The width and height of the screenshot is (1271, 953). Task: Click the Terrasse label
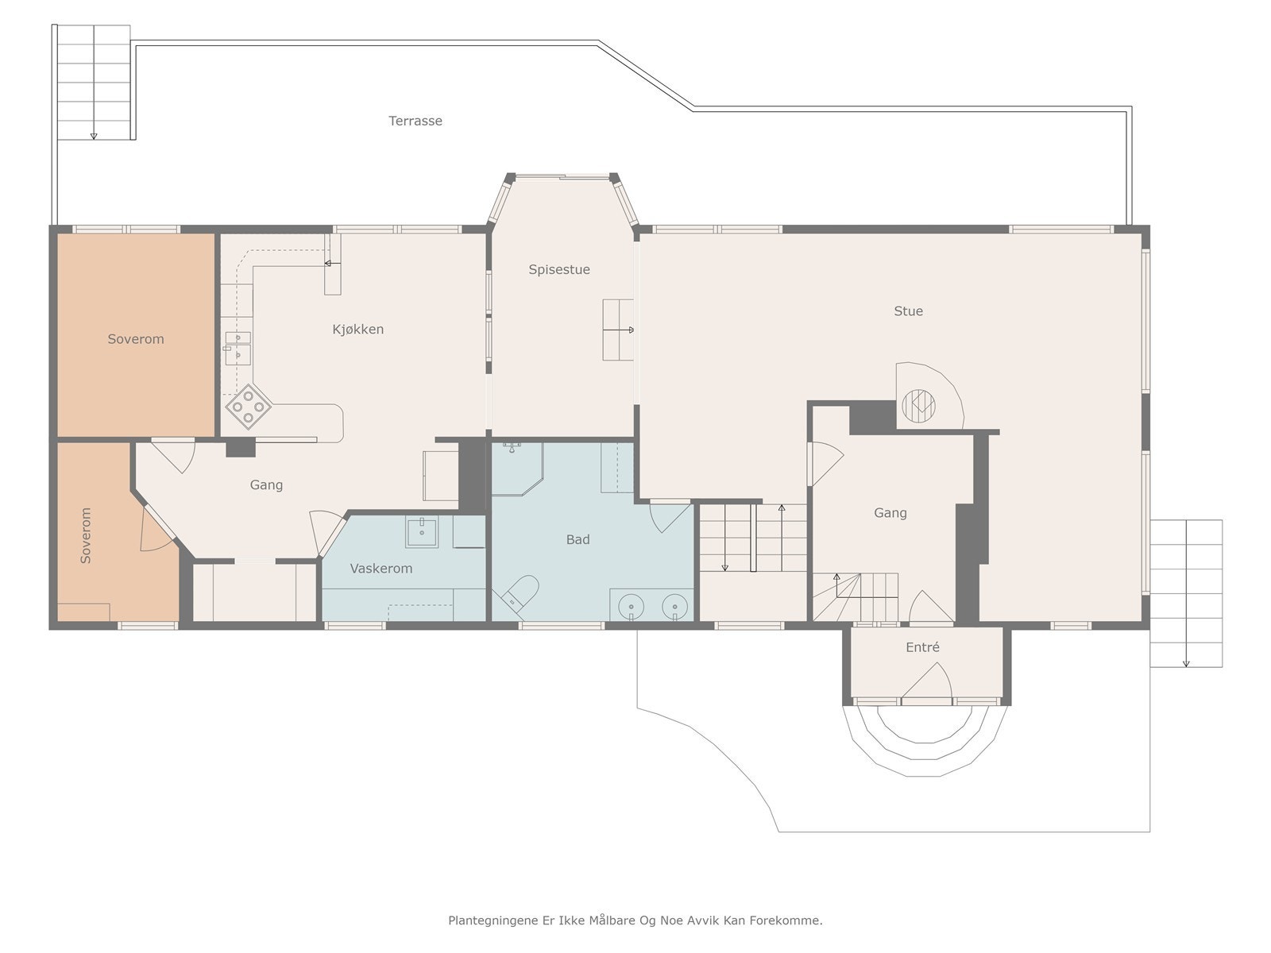[x=415, y=121]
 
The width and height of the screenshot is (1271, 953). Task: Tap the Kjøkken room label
[x=357, y=330]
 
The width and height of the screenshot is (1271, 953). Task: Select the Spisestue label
[x=558, y=270]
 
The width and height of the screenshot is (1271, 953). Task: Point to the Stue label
[x=908, y=311]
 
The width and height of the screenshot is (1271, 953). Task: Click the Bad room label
[x=578, y=540]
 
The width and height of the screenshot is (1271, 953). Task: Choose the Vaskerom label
[x=381, y=569]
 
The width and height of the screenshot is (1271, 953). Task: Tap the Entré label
[x=922, y=647]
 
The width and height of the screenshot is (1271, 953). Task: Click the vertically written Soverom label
[x=86, y=535]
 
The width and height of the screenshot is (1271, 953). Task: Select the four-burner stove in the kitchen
[x=249, y=407]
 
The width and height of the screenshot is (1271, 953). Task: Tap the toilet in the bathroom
[x=520, y=592]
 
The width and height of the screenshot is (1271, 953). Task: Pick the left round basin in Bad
[x=632, y=607]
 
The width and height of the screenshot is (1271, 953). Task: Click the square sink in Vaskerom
[x=422, y=531]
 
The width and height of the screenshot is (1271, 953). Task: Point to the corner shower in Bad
[x=517, y=469]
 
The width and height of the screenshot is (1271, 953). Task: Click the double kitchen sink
[x=238, y=348]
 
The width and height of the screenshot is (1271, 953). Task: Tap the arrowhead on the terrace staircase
[x=94, y=137]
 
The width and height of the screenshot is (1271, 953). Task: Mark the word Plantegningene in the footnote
[x=493, y=920]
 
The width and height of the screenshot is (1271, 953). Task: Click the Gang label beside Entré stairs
[x=890, y=513]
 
